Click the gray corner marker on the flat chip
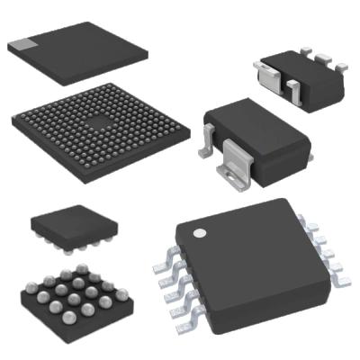[x=24, y=43]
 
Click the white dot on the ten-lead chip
[x=200, y=232]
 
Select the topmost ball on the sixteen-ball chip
[x=82, y=268]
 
